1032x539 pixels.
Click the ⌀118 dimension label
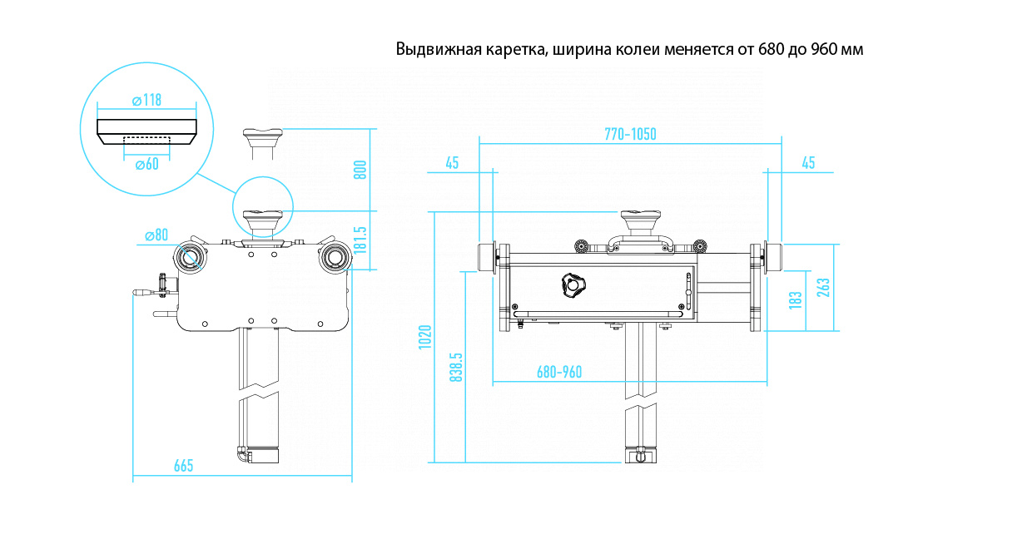(x=146, y=101)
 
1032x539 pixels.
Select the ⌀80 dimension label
(x=156, y=235)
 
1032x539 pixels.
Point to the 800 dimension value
(x=360, y=170)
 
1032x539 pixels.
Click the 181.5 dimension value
(x=360, y=240)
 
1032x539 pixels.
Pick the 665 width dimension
(x=183, y=466)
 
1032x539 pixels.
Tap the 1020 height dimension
(x=425, y=337)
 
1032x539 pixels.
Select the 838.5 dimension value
(x=455, y=366)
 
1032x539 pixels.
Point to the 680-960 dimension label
(x=559, y=372)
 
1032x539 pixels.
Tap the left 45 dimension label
(x=452, y=163)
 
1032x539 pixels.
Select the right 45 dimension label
(x=808, y=163)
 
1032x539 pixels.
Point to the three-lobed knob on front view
(x=572, y=285)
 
